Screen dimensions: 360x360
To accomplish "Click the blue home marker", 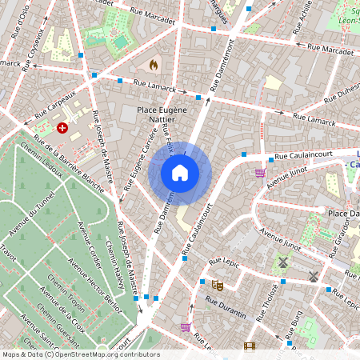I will (180, 173).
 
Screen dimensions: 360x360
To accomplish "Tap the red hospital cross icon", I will (62, 127).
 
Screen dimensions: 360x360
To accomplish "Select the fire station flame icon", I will (154, 62).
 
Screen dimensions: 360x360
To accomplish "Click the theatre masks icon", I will (217, 284).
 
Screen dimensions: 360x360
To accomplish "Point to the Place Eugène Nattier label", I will (162, 114).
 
